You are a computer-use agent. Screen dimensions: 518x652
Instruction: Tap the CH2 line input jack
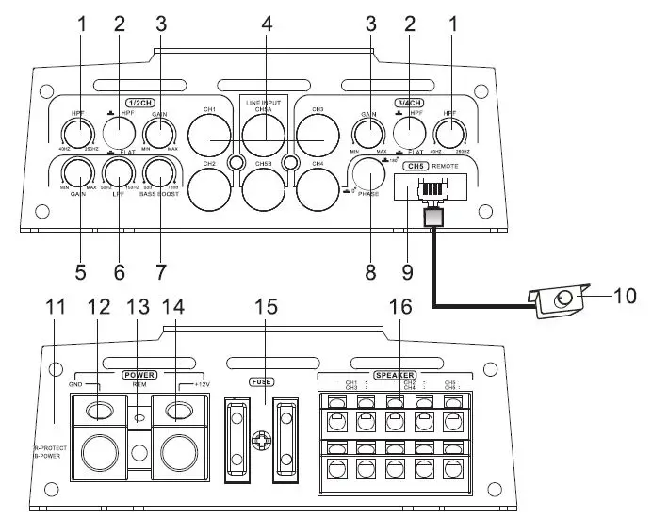[212, 186]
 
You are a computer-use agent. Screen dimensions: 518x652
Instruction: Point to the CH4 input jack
[318, 186]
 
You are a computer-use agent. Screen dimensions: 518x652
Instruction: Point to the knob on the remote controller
[563, 300]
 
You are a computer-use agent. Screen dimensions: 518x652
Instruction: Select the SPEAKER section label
[396, 374]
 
